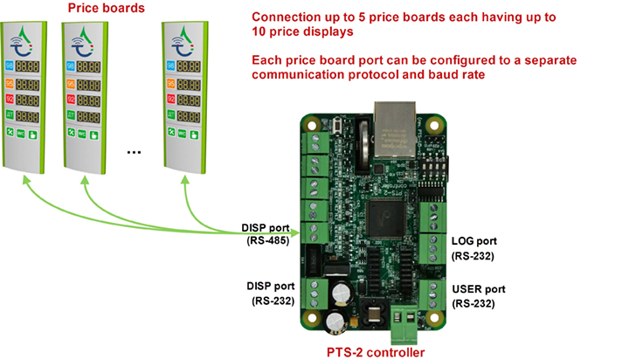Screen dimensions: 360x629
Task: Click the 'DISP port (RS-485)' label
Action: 266,234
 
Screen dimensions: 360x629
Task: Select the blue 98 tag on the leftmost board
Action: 10,66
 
